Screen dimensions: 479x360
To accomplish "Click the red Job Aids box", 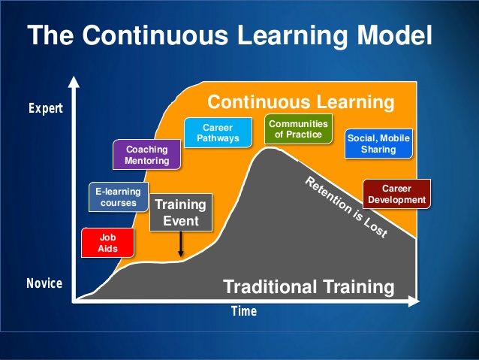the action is pyautogui.click(x=107, y=243).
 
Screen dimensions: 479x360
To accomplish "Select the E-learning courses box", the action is pyautogui.click(x=118, y=197).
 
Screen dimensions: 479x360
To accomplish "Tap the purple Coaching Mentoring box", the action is pyautogui.click(x=146, y=155).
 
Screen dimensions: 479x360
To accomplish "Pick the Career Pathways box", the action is pyautogui.click(x=218, y=133).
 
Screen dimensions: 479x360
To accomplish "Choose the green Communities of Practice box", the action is pyautogui.click(x=298, y=129).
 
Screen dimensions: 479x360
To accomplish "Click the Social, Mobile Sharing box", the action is pyautogui.click(x=378, y=144).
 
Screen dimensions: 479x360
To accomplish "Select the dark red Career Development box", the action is pyautogui.click(x=396, y=194).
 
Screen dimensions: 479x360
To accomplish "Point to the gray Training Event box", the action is pyautogui.click(x=181, y=212).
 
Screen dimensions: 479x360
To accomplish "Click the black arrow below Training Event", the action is pyautogui.click(x=181, y=244).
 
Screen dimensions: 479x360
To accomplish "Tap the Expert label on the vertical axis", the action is pyautogui.click(x=46, y=108).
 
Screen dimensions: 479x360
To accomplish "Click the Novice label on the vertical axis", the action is pyautogui.click(x=44, y=283).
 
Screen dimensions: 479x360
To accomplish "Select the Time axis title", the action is pyautogui.click(x=244, y=311).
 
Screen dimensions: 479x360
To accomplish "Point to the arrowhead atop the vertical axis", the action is pyautogui.click(x=74, y=82).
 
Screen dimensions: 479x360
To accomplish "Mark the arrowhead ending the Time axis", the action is pyautogui.click(x=414, y=301).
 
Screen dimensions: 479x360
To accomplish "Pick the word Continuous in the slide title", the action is pyautogui.click(x=155, y=35).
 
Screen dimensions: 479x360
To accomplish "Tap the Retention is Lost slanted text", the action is pyautogui.click(x=346, y=207).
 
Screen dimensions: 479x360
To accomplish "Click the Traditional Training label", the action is pyautogui.click(x=309, y=287).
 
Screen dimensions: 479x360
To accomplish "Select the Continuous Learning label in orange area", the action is pyautogui.click(x=301, y=102).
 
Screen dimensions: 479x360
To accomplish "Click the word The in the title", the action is pyautogui.click(x=50, y=35).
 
